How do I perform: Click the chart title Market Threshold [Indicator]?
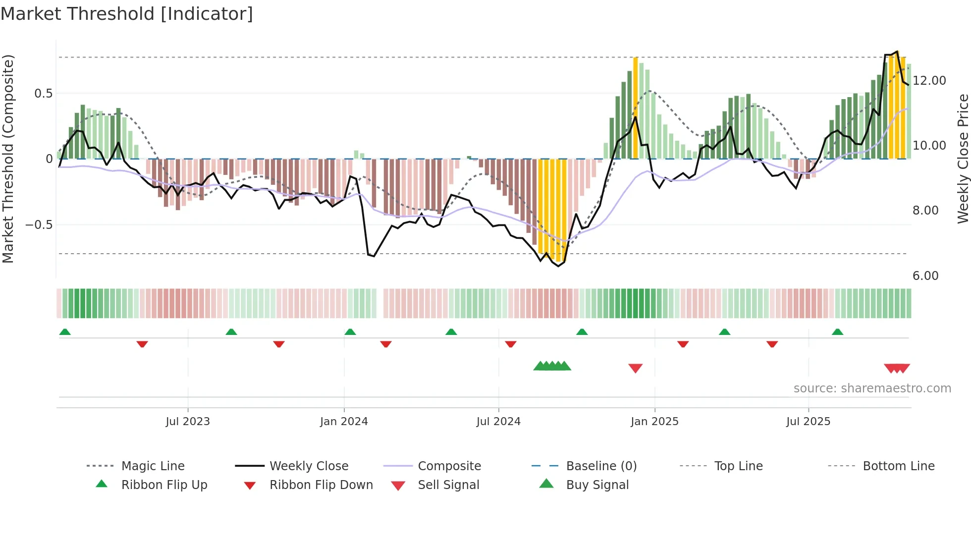coord(127,14)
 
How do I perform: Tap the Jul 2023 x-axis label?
coord(188,422)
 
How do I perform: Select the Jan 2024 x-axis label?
coord(344,422)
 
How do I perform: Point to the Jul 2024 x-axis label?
coord(498,422)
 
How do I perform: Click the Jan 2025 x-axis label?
coord(654,422)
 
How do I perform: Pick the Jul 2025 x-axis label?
coord(808,422)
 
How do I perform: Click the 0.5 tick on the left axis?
coord(43,94)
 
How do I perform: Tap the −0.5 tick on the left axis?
coord(39,225)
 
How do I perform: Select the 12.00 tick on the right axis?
coord(929,81)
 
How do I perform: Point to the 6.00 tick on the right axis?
coord(925,276)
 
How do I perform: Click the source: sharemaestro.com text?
coord(872,388)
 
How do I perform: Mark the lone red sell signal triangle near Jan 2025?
coord(635,368)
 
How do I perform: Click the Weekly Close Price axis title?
coord(963,159)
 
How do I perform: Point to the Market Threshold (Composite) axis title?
coord(8,159)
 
